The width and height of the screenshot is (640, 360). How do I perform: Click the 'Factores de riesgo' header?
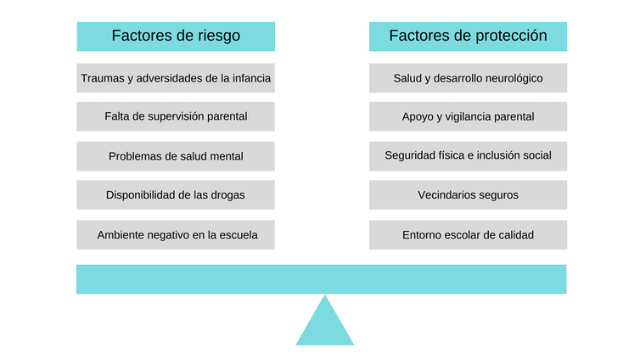coord(176,37)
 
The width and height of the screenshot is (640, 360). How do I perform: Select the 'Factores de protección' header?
coord(469,37)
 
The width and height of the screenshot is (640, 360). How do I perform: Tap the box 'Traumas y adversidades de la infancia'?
coord(176,78)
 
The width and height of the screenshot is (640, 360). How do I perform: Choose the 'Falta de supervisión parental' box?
coord(176,116)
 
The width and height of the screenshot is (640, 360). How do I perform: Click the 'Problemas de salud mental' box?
coord(176,156)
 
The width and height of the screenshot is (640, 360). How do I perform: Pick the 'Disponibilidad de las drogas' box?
coord(176,194)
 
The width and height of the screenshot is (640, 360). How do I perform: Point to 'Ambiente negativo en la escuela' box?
coord(176,234)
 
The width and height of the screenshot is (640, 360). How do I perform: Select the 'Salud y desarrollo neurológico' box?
coord(469,78)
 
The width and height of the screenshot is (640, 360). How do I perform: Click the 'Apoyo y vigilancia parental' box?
coord(469,116)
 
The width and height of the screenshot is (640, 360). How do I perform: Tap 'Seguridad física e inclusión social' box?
coord(469,156)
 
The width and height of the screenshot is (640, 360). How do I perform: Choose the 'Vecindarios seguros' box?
coord(469,194)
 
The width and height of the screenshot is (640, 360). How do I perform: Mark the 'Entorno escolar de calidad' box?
coord(469,234)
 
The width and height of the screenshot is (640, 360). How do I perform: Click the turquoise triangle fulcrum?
coord(325,327)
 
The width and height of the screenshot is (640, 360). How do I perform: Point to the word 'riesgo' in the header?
coord(219,36)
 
